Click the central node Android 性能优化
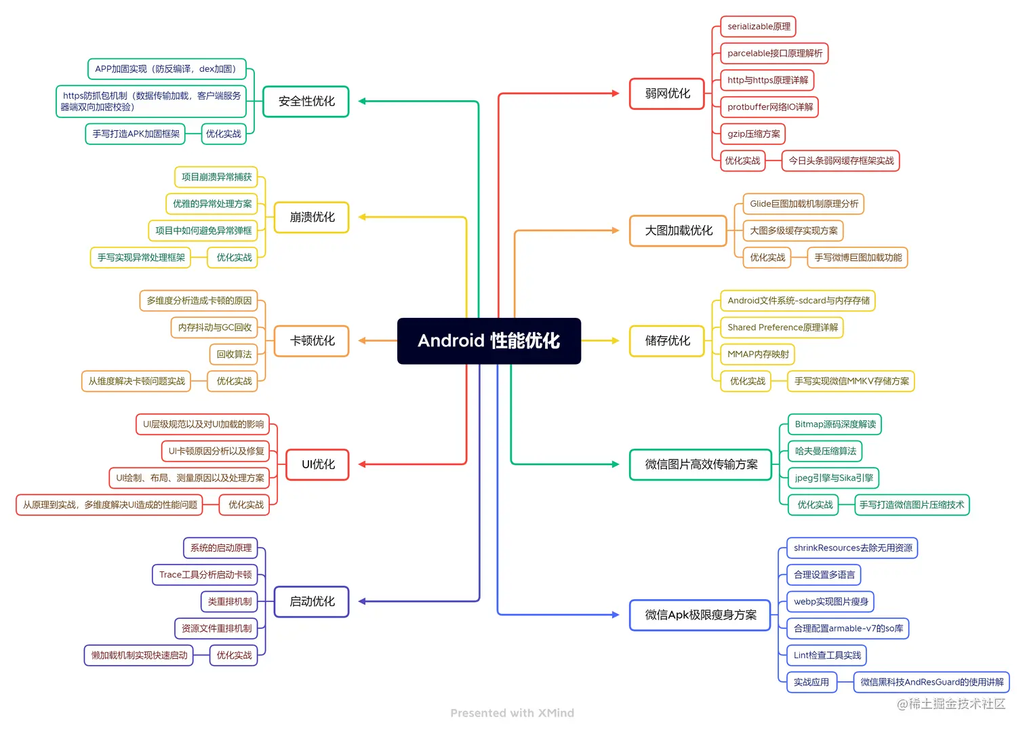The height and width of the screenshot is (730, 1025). [489, 341]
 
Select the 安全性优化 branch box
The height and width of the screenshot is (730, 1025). [306, 102]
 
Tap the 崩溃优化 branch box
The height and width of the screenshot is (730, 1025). [312, 218]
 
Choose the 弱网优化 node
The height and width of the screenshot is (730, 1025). [667, 94]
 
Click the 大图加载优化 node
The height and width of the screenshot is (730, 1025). [678, 230]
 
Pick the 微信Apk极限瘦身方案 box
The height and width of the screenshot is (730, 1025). [700, 615]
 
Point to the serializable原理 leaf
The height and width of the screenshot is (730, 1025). [758, 26]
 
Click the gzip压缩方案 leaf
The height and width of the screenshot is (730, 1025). [753, 134]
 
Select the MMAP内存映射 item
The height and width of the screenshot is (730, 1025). [758, 354]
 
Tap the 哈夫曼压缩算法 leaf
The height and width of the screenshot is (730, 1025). [825, 451]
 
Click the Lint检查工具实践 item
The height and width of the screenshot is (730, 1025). [827, 655]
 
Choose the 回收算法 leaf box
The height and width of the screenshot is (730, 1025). [234, 354]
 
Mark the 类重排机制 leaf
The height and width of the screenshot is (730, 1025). [229, 602]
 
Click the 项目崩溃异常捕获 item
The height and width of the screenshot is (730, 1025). [216, 177]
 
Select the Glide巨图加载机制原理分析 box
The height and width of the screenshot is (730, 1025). [803, 204]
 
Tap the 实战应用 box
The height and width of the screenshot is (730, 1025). [811, 683]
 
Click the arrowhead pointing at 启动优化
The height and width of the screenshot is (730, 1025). [363, 602]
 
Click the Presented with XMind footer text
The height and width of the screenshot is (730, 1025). [512, 713]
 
